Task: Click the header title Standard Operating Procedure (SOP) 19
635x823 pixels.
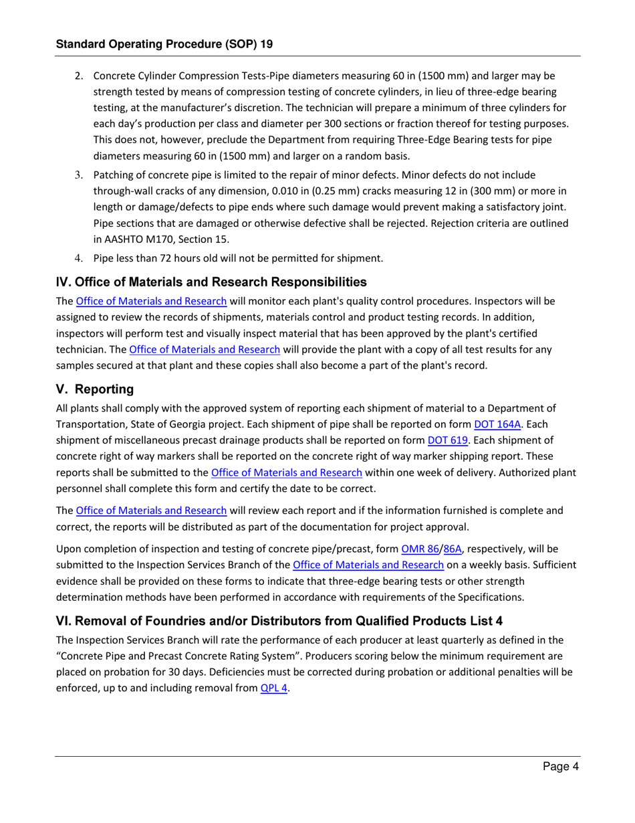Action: [164, 44]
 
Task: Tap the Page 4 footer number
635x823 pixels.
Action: [560, 767]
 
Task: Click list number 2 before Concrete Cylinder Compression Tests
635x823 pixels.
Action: [78, 76]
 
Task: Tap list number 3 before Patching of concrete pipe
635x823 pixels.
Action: [78, 175]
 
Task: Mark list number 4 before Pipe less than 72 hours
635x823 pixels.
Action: [78, 257]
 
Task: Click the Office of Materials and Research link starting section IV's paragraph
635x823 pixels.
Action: [151, 301]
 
